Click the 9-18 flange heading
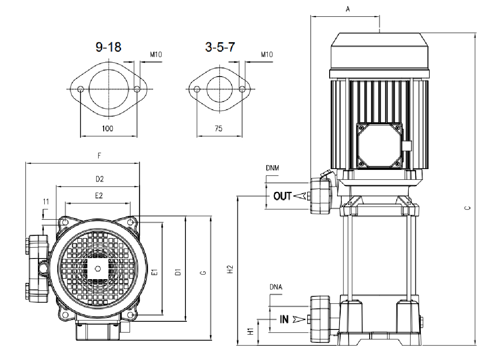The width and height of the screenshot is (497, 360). (108, 47)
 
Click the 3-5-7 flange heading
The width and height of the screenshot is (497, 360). (220, 47)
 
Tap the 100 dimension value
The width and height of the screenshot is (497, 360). (108, 129)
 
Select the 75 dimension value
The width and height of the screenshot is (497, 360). (219, 129)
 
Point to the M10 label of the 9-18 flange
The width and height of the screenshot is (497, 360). (156, 55)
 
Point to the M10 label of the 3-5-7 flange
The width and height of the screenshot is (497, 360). (267, 55)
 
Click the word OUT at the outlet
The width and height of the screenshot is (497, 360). (283, 196)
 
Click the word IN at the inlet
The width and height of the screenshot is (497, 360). (284, 320)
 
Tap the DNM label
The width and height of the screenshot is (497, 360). (272, 168)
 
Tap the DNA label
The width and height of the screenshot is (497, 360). (276, 287)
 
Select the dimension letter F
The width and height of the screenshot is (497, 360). (99, 157)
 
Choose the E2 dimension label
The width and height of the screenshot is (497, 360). (99, 195)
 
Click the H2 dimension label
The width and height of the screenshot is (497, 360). (231, 270)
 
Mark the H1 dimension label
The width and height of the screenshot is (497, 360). (250, 332)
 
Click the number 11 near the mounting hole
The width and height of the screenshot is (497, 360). (46, 201)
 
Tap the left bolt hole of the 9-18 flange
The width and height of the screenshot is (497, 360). (81, 89)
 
